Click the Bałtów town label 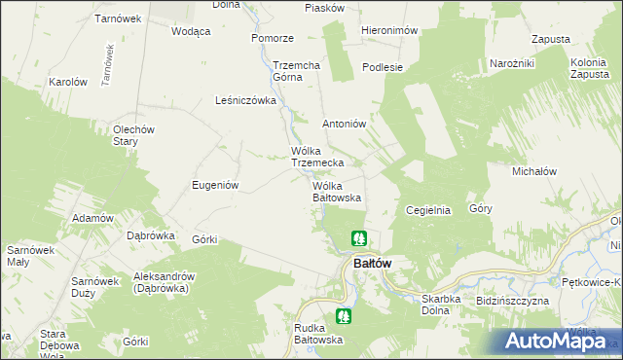[x=372, y=263]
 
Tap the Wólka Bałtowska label [x=337, y=191]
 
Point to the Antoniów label [x=344, y=124]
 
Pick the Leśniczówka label [x=246, y=99]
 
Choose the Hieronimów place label [x=389, y=30]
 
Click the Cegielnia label [x=427, y=209]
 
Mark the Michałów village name [x=533, y=170]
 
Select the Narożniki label [x=513, y=63]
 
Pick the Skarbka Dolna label [x=421, y=306]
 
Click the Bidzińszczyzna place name [x=513, y=301]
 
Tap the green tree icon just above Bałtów [x=359, y=237]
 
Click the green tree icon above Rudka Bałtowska [x=343, y=315]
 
